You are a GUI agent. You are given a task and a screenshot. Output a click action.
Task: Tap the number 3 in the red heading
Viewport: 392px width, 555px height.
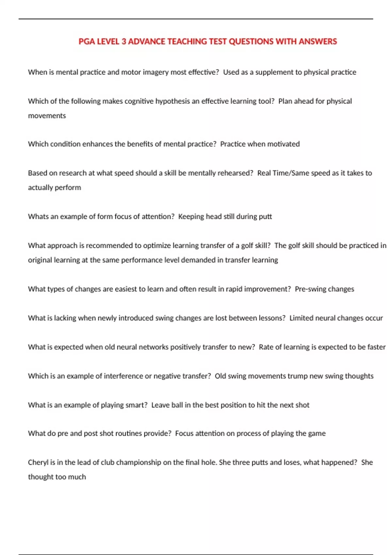pos(124,41)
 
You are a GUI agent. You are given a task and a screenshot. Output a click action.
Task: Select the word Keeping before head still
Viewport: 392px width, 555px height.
pos(191,216)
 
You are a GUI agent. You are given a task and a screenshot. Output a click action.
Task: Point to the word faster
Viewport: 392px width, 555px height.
pos(376,347)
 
